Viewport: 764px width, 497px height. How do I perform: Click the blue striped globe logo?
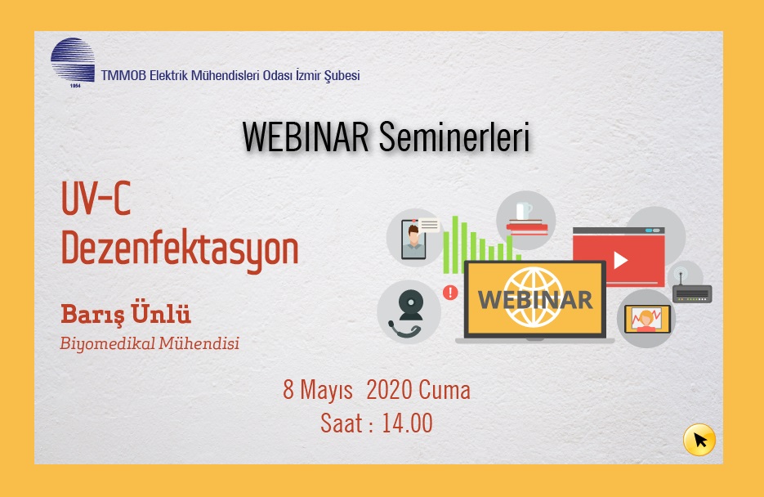tap(73, 62)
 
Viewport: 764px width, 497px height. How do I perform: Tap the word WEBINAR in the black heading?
tap(306, 137)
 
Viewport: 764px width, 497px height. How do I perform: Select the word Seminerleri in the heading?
tap(454, 137)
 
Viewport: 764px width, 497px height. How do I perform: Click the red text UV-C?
tap(96, 198)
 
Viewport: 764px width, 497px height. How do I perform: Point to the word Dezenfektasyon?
tap(180, 248)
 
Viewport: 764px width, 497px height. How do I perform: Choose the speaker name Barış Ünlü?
tap(126, 314)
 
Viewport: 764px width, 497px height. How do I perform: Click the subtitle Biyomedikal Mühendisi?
tap(150, 343)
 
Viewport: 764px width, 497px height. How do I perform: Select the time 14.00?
tap(407, 423)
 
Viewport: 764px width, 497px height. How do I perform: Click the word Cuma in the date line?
tap(445, 390)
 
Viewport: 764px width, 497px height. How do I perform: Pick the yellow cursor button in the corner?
tap(699, 440)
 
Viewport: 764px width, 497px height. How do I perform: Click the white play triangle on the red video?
tap(620, 260)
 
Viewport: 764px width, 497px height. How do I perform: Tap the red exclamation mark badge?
tap(450, 293)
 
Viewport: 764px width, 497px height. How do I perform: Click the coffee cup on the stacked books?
tap(523, 211)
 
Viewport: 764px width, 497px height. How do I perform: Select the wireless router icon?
tap(692, 289)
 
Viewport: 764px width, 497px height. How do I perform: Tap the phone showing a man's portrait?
tap(413, 240)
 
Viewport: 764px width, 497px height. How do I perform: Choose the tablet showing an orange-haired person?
tap(647, 319)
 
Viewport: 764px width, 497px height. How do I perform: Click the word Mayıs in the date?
tap(326, 391)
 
